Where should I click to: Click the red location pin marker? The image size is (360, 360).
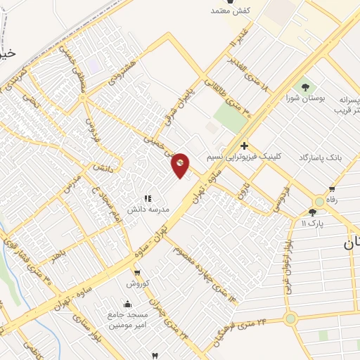(181, 164)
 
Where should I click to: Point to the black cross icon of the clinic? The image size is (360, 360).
(244, 146)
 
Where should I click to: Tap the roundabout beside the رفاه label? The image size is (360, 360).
(320, 202)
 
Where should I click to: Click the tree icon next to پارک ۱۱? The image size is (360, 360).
(311, 212)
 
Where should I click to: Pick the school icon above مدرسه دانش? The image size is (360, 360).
(147, 199)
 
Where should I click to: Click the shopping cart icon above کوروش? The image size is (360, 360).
(136, 273)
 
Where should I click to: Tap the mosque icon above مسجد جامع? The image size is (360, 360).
(127, 304)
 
